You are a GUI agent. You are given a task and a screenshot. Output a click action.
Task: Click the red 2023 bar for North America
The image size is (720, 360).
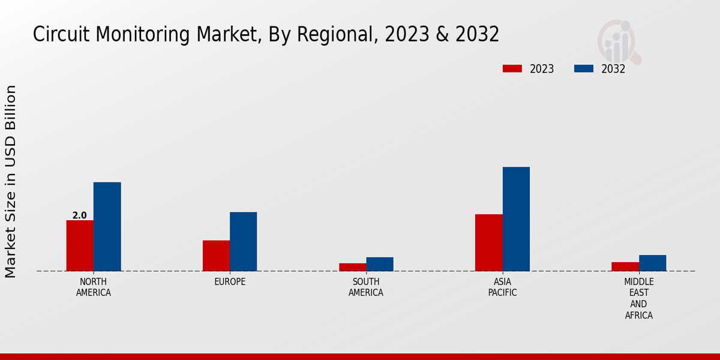(x=80, y=245)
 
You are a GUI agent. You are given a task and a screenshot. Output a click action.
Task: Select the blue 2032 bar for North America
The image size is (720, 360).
(x=107, y=226)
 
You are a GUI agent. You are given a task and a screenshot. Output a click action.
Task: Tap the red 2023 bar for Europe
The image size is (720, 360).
(x=216, y=256)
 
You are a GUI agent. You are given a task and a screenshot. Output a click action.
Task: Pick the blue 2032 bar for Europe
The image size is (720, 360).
(x=243, y=241)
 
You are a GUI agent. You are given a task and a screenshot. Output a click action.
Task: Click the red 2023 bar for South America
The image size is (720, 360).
(x=352, y=267)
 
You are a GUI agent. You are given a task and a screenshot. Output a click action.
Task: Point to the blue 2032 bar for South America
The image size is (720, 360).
(x=380, y=264)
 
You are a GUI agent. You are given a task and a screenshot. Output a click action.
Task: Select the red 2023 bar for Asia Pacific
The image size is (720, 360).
(x=488, y=242)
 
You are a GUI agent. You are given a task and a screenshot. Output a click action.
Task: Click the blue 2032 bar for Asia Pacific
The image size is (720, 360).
(x=516, y=218)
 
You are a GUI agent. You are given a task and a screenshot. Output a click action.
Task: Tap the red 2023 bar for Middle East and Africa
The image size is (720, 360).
(x=625, y=266)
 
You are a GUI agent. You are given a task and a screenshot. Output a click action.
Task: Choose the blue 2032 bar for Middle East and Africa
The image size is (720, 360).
(x=652, y=263)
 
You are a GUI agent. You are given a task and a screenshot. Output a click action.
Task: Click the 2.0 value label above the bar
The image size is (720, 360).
(x=79, y=215)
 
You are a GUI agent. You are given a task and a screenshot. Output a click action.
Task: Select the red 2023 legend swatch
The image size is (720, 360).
(x=512, y=68)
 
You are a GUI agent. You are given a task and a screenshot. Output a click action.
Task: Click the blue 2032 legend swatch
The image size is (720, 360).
(x=584, y=68)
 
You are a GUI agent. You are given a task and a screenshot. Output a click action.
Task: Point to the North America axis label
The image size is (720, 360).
(x=94, y=287)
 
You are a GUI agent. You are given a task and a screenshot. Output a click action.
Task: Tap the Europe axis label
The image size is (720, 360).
(x=230, y=282)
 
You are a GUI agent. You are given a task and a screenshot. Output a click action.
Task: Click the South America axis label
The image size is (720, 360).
(x=366, y=287)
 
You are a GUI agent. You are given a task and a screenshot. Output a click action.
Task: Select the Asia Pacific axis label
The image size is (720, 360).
(x=503, y=287)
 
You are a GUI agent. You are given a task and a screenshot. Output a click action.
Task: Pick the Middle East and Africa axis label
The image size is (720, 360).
(x=639, y=298)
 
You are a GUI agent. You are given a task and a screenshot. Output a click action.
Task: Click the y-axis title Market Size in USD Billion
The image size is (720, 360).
(x=11, y=181)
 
